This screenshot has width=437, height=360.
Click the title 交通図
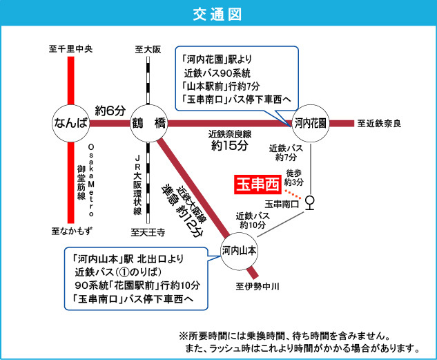pyautogui.click(x=217, y=13)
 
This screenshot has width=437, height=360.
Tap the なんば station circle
pyautogui.click(x=72, y=124)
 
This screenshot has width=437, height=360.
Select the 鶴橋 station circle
pyautogui.click(x=150, y=124)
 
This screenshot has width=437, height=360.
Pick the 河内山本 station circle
pyautogui.click(x=240, y=251)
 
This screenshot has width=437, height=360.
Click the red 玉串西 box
pyautogui.click(x=255, y=185)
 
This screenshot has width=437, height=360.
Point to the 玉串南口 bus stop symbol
pyautogui.click(x=310, y=202)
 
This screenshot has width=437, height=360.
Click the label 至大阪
pyautogui.click(x=148, y=49)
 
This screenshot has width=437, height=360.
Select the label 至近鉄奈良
pyautogui.click(x=379, y=124)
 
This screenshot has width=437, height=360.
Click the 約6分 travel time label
pyautogui.click(x=110, y=110)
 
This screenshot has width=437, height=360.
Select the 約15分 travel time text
pyautogui.click(x=229, y=146)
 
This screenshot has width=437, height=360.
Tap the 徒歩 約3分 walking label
pyautogui.click(x=294, y=178)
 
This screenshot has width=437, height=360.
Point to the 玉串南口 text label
pyautogui.click(x=282, y=204)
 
